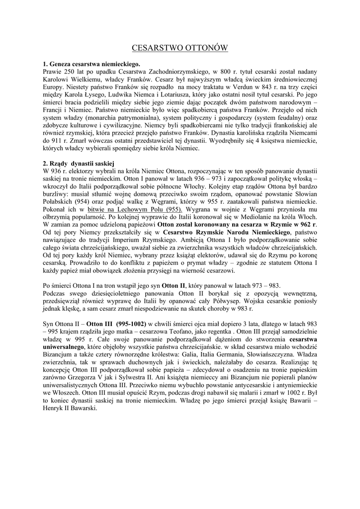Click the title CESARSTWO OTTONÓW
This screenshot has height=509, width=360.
(180, 48)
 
